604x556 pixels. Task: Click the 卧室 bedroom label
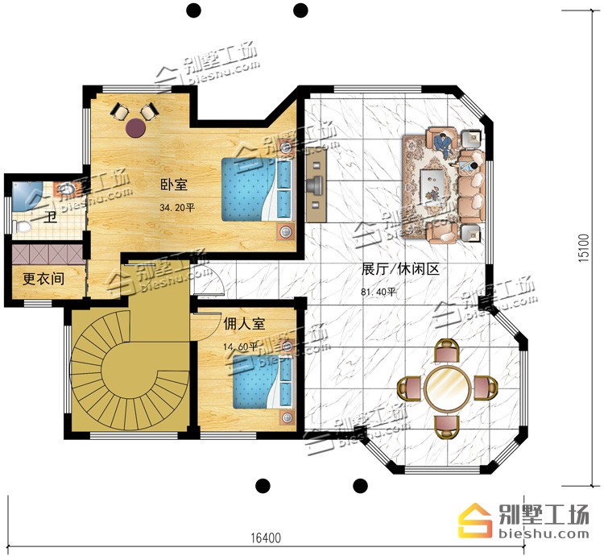pos(174,185)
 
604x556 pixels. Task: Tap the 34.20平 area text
pos(177,208)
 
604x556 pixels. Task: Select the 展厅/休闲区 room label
pos(400,269)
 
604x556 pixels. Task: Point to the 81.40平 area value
pos(379,292)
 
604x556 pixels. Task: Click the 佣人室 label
pos(244,324)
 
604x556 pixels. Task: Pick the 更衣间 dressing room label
pos(43,279)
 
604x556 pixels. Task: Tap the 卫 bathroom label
pos(51,218)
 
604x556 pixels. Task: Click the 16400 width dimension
pos(266,537)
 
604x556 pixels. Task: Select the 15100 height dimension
pos(584,247)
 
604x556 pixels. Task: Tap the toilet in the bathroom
pos(22,226)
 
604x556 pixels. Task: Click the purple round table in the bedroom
pos(135,127)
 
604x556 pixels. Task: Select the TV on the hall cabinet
pos(316,185)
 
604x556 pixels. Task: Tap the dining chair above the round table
pos(447,351)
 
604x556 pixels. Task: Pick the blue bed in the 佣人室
pos(263,380)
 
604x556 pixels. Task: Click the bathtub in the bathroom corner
pos(27,197)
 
